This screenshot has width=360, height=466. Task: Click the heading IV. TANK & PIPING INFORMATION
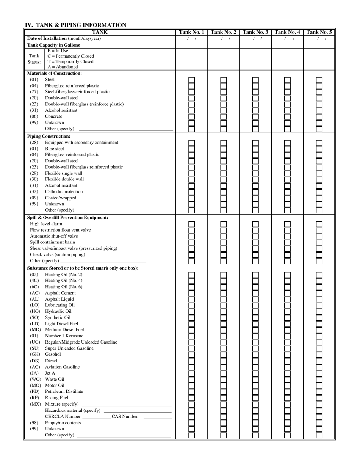[x=75, y=25]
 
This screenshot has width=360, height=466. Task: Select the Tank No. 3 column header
[x=255, y=32]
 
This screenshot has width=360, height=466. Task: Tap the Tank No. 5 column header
[x=319, y=32]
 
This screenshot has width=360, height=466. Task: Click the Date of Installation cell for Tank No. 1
[x=192, y=39]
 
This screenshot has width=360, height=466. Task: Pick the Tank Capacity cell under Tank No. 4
[x=287, y=45]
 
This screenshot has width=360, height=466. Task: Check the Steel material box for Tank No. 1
[x=192, y=80]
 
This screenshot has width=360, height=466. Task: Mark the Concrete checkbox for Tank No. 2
[x=224, y=117]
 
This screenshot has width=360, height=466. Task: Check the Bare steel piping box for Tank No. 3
[x=255, y=149]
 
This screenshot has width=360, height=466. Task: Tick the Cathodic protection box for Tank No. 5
[x=319, y=192]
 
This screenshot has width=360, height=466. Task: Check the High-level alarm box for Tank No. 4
[x=287, y=224]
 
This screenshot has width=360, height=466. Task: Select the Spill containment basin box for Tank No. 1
[x=192, y=242]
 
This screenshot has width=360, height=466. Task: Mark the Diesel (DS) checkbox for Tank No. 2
[x=224, y=361]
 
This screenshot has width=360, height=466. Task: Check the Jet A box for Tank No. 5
[x=319, y=373]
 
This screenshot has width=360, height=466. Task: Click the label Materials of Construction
[x=54, y=73]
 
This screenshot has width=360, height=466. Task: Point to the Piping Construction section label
[x=49, y=136]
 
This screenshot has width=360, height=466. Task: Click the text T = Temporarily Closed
[x=70, y=61]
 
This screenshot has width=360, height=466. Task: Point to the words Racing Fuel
[x=56, y=398]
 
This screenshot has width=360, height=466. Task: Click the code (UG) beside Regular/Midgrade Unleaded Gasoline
[x=35, y=342]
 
